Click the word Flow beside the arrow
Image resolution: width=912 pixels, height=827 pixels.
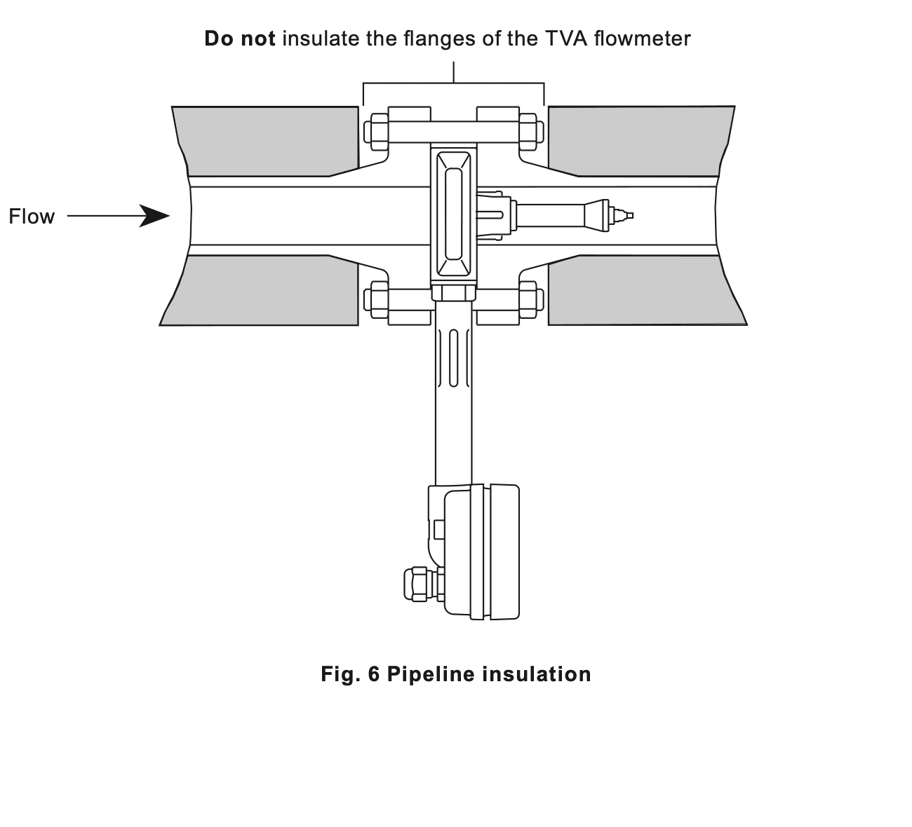click(32, 217)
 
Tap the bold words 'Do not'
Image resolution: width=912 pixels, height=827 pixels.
click(240, 39)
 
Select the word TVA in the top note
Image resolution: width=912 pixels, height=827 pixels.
click(563, 39)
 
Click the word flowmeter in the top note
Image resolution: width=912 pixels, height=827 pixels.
click(642, 39)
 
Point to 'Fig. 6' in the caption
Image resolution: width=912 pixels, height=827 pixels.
click(349, 674)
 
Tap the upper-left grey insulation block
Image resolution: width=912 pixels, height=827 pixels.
click(268, 142)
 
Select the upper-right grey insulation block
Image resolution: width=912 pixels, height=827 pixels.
click(639, 142)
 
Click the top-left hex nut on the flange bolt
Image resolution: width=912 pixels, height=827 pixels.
click(377, 132)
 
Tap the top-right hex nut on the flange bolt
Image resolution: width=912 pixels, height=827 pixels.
click(531, 132)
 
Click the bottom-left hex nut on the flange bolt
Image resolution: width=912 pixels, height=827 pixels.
click(377, 300)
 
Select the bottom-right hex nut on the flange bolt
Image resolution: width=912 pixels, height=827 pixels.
click(531, 300)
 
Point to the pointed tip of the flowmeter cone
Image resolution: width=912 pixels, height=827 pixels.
click(632, 216)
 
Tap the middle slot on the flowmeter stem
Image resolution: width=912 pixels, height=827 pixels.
click(453, 359)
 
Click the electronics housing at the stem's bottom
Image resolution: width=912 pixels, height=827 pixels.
click(474, 552)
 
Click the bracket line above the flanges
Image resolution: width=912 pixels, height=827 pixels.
click(453, 83)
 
